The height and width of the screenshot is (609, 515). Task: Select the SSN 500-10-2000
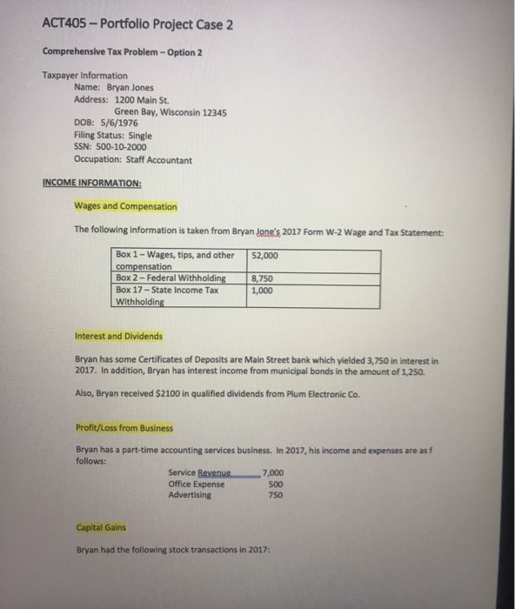click(116, 148)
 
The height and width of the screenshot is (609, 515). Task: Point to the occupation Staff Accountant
click(161, 160)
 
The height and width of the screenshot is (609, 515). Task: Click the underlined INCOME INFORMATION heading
click(92, 184)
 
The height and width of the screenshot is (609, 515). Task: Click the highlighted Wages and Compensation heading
click(125, 207)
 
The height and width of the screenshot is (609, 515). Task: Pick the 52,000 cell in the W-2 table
click(265, 256)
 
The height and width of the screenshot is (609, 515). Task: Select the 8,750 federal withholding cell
click(264, 279)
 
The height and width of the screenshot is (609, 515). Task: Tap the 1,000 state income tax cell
click(264, 291)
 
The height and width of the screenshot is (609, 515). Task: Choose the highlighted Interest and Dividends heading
click(118, 337)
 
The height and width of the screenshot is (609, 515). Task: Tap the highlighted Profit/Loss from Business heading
click(124, 428)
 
